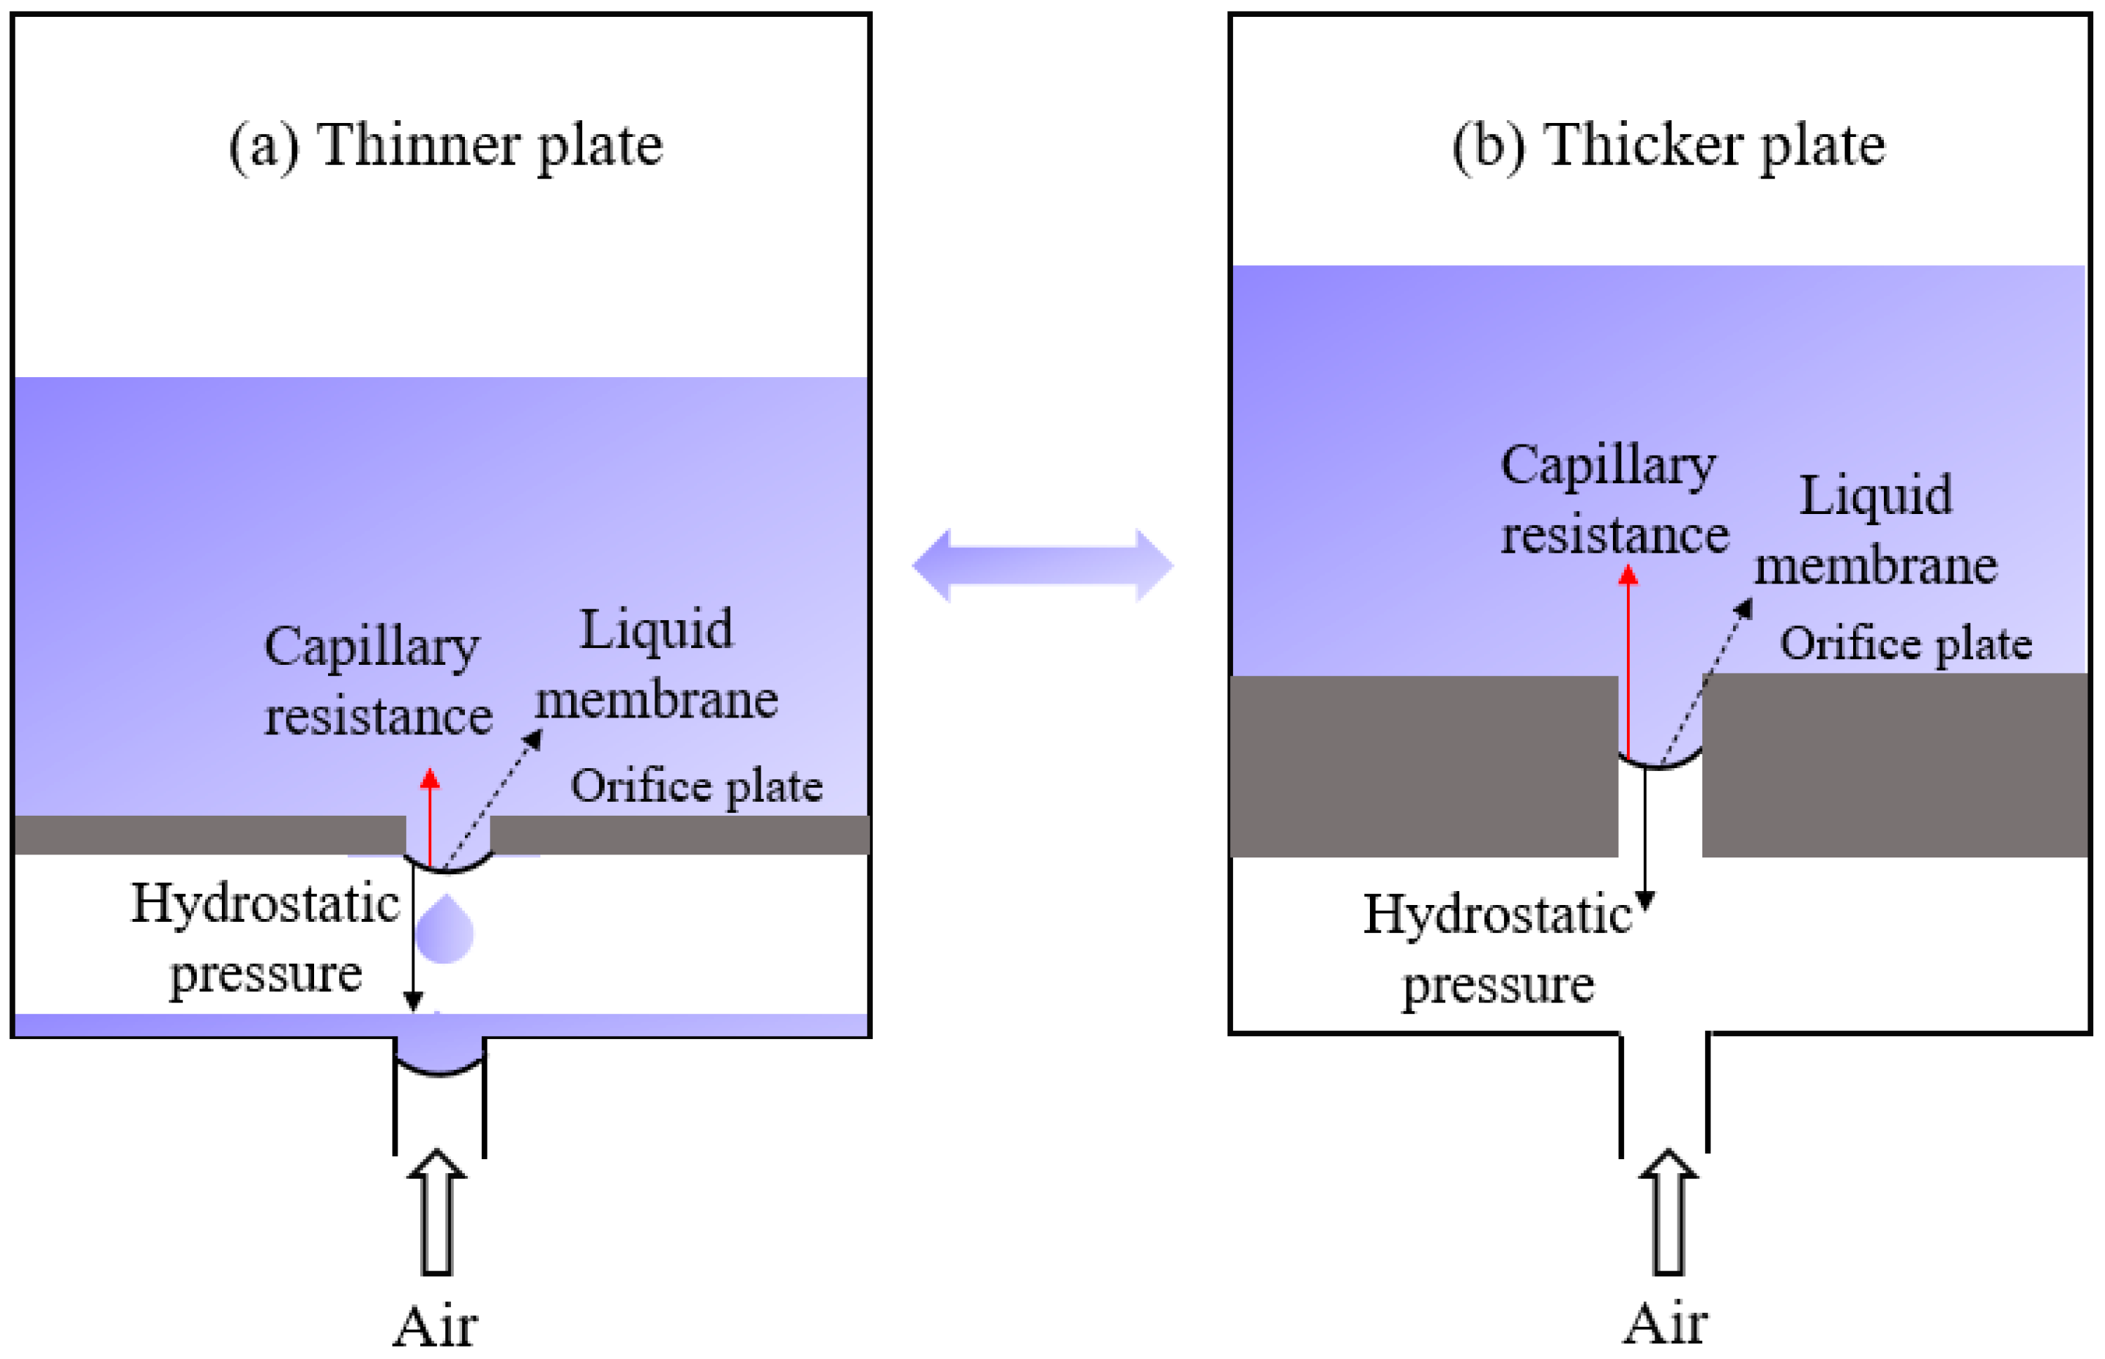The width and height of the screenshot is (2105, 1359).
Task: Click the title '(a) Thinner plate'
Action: click(x=445, y=146)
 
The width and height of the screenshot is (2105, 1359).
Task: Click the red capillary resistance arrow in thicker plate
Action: click(x=1628, y=662)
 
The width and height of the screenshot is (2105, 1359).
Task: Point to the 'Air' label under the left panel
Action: click(x=435, y=1326)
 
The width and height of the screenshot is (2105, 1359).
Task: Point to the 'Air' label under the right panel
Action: click(x=1666, y=1325)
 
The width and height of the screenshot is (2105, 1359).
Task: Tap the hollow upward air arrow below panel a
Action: click(x=436, y=1213)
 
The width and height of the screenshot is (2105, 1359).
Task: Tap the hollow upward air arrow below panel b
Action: click(x=1667, y=1213)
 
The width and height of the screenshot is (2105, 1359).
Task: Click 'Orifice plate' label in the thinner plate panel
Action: click(x=696, y=786)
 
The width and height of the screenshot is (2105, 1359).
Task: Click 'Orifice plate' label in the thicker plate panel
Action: click(x=1906, y=644)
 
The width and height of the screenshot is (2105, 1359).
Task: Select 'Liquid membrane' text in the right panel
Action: click(x=1876, y=529)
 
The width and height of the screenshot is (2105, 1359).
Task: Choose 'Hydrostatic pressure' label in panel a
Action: click(x=264, y=938)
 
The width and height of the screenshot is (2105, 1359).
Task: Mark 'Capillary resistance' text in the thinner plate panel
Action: click(x=377, y=680)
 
